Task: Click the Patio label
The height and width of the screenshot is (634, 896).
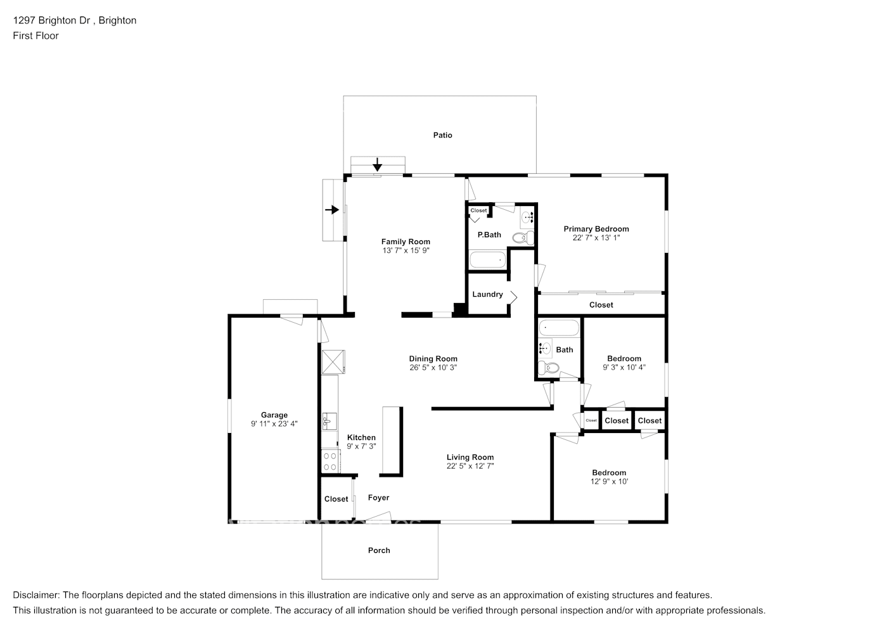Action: tap(442, 135)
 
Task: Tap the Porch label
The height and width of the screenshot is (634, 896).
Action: tap(379, 550)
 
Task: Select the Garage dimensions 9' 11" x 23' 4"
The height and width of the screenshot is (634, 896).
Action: tap(274, 424)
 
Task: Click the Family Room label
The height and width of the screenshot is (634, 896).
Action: tap(406, 242)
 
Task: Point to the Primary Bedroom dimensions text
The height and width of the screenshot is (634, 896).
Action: tap(596, 238)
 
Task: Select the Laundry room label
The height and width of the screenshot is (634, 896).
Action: tap(487, 294)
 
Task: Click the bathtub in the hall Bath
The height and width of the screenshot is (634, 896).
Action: tap(558, 328)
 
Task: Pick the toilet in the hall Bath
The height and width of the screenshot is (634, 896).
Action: tap(547, 368)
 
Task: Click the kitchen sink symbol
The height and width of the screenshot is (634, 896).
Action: tap(329, 420)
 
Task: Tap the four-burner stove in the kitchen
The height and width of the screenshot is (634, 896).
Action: tap(330, 460)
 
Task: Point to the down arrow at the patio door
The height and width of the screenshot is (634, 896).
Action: tap(378, 165)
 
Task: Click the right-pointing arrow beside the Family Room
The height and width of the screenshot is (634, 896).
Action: tap(331, 210)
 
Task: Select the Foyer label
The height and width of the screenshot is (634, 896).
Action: tap(378, 498)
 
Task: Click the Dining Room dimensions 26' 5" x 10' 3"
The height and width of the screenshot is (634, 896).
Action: tap(433, 368)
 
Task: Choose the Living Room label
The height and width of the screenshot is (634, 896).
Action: tap(470, 457)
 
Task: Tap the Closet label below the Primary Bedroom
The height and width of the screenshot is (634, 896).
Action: tap(601, 305)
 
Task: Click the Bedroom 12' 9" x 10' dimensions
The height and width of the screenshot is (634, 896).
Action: tap(609, 482)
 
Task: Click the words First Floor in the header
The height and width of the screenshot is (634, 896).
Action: tap(35, 36)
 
